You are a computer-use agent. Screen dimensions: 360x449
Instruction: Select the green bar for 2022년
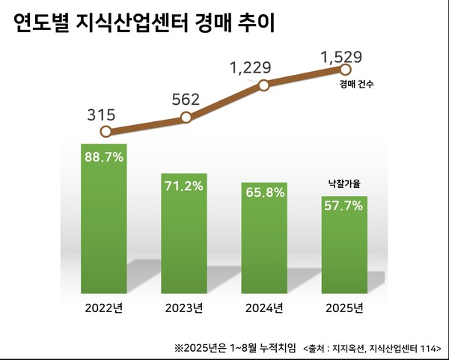coord(104,217)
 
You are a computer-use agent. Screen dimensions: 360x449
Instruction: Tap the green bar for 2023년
coord(185,232)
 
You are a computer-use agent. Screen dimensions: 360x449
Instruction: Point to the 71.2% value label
coord(185,186)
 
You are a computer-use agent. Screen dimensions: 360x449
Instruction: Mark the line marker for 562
coord(186,117)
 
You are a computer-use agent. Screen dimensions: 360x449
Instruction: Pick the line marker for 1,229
coord(263,85)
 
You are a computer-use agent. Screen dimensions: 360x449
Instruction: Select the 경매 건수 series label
coord(356,85)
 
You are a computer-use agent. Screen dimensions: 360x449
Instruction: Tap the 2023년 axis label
coord(185,308)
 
